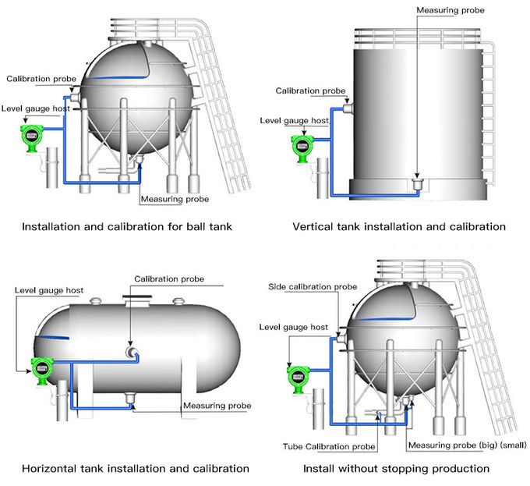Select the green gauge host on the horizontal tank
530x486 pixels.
41,368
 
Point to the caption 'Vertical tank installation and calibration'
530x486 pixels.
398,227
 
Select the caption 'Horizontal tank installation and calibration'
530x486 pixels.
136,469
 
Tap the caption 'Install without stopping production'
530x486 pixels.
396,469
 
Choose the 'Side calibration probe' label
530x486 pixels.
313,287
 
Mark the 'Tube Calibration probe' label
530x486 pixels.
330,446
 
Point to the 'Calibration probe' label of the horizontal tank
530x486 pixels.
169,279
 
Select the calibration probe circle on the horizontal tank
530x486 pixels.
130,353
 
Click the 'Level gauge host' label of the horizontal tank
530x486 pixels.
48,291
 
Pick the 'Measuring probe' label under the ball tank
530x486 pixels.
175,200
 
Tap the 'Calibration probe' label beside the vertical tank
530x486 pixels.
310,91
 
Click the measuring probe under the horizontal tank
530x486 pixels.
130,400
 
